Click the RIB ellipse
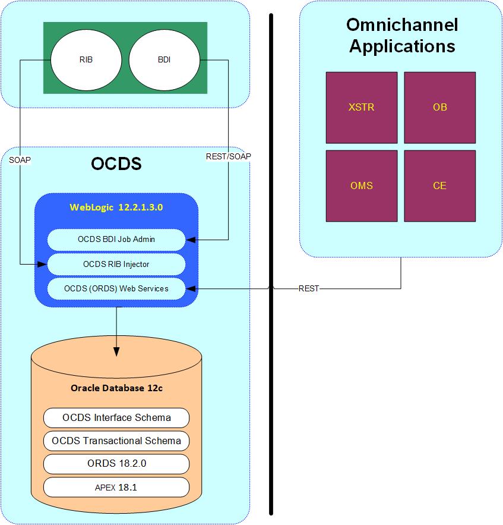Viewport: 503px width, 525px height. coord(86,59)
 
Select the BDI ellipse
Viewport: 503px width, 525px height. coord(164,59)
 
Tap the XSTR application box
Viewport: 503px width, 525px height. coord(362,108)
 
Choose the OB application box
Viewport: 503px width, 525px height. coord(440,108)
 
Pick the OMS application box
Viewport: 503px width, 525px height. coord(362,186)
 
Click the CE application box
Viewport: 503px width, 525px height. coord(440,186)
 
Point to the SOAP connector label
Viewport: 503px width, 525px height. coord(20,160)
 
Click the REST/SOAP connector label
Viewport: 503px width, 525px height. coord(229,156)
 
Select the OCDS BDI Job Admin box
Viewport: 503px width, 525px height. coord(116,240)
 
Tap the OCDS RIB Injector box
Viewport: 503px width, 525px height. coord(116,264)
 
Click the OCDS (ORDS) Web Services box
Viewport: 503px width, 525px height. coord(116,288)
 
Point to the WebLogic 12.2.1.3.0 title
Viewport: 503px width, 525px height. coord(116,208)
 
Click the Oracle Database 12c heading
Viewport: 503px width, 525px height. coord(117,388)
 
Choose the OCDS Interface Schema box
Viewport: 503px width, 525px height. coord(116,418)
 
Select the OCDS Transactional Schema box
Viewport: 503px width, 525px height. coord(116,441)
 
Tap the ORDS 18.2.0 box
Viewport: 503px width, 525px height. coord(116,464)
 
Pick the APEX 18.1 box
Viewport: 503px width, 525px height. coord(116,487)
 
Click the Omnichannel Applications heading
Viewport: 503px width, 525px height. coord(402,35)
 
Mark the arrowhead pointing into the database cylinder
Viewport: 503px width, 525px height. coord(116,351)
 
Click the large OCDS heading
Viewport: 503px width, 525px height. coord(116,164)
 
